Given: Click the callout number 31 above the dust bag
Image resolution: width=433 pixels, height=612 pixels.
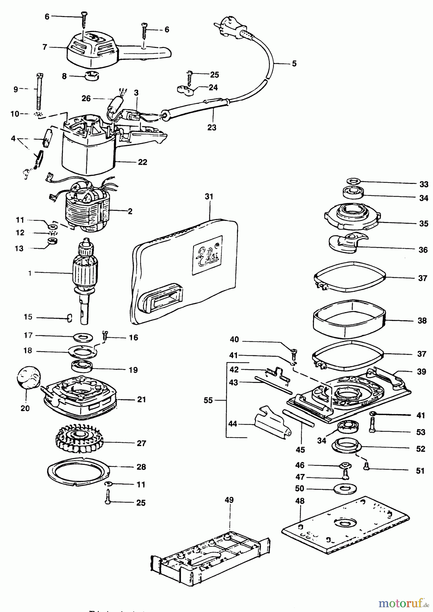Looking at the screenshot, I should [x=209, y=197].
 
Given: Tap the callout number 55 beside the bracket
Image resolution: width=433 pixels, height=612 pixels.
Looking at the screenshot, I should [x=208, y=401].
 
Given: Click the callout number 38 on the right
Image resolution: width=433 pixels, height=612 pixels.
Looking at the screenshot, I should [x=422, y=321].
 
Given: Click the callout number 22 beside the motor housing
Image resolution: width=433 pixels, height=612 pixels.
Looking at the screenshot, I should [x=142, y=162].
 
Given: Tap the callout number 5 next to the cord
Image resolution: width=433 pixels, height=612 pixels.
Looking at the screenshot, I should [x=294, y=64].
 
